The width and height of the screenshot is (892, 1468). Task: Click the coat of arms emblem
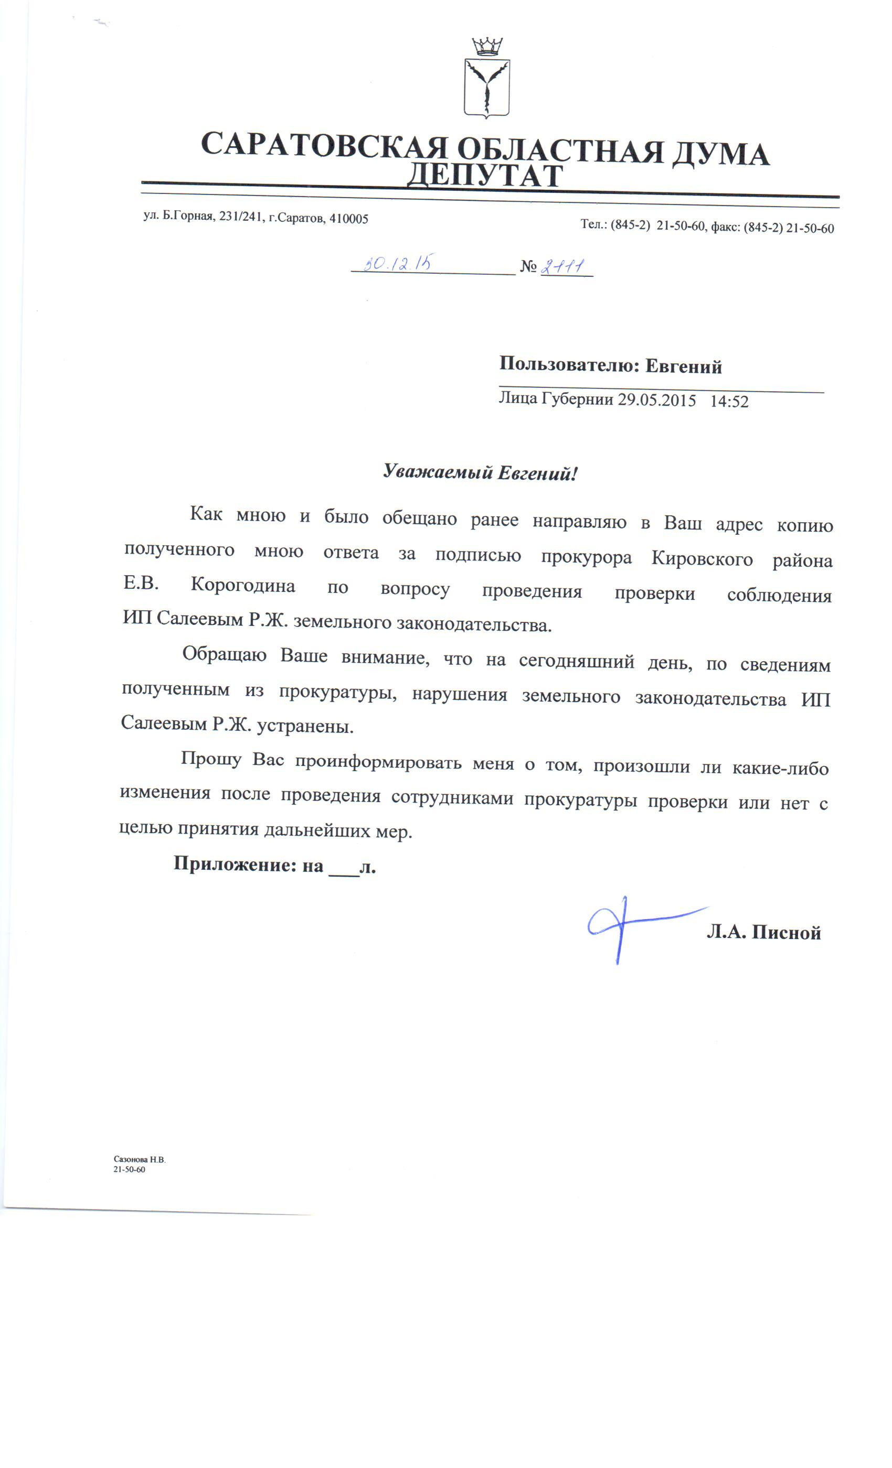[x=486, y=79]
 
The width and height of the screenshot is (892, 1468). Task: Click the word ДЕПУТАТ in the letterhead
[x=484, y=175]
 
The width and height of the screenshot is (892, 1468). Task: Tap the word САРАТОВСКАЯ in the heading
[x=324, y=145]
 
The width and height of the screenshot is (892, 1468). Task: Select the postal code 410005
[x=349, y=219]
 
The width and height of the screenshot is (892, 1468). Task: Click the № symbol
[x=528, y=266]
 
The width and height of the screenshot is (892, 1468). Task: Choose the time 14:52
[x=729, y=402]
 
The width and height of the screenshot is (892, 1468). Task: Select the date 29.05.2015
[x=656, y=399]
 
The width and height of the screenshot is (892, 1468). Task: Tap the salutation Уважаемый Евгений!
[x=480, y=472]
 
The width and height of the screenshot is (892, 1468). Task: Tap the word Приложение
[x=235, y=864]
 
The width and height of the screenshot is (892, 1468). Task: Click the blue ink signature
[x=632, y=925]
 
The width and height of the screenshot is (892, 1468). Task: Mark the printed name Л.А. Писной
[x=763, y=932]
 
